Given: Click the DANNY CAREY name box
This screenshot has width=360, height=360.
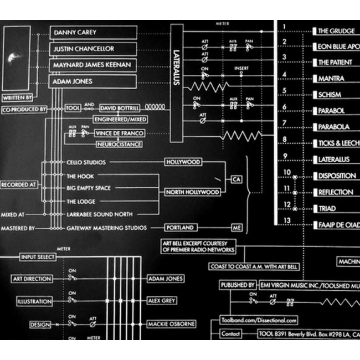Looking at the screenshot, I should tap(93, 33).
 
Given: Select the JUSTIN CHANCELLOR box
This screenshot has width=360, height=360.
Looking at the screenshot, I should tap(93, 49).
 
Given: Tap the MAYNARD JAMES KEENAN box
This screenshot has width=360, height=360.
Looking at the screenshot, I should tap(93, 65).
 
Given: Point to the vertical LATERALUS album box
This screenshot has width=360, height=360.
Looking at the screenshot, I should tap(176, 75).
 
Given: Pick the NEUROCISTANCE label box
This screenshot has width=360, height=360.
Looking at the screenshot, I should tap(119, 145).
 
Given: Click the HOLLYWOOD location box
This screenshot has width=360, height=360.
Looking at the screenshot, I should tap(183, 162).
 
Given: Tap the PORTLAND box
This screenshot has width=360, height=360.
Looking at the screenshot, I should tap(181, 228).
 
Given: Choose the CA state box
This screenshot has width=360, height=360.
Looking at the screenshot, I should tap(236, 179).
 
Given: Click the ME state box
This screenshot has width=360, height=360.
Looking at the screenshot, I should tap(236, 228).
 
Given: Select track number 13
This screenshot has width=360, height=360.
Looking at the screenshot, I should tap(286, 221).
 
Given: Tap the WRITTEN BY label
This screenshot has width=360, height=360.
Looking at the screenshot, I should tap(18, 98).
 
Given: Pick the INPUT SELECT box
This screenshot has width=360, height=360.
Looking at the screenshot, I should tap(38, 257).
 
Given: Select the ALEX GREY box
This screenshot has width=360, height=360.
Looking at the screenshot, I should tap(166, 302).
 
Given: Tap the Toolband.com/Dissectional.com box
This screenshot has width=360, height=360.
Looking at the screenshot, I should tap(259, 320).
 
